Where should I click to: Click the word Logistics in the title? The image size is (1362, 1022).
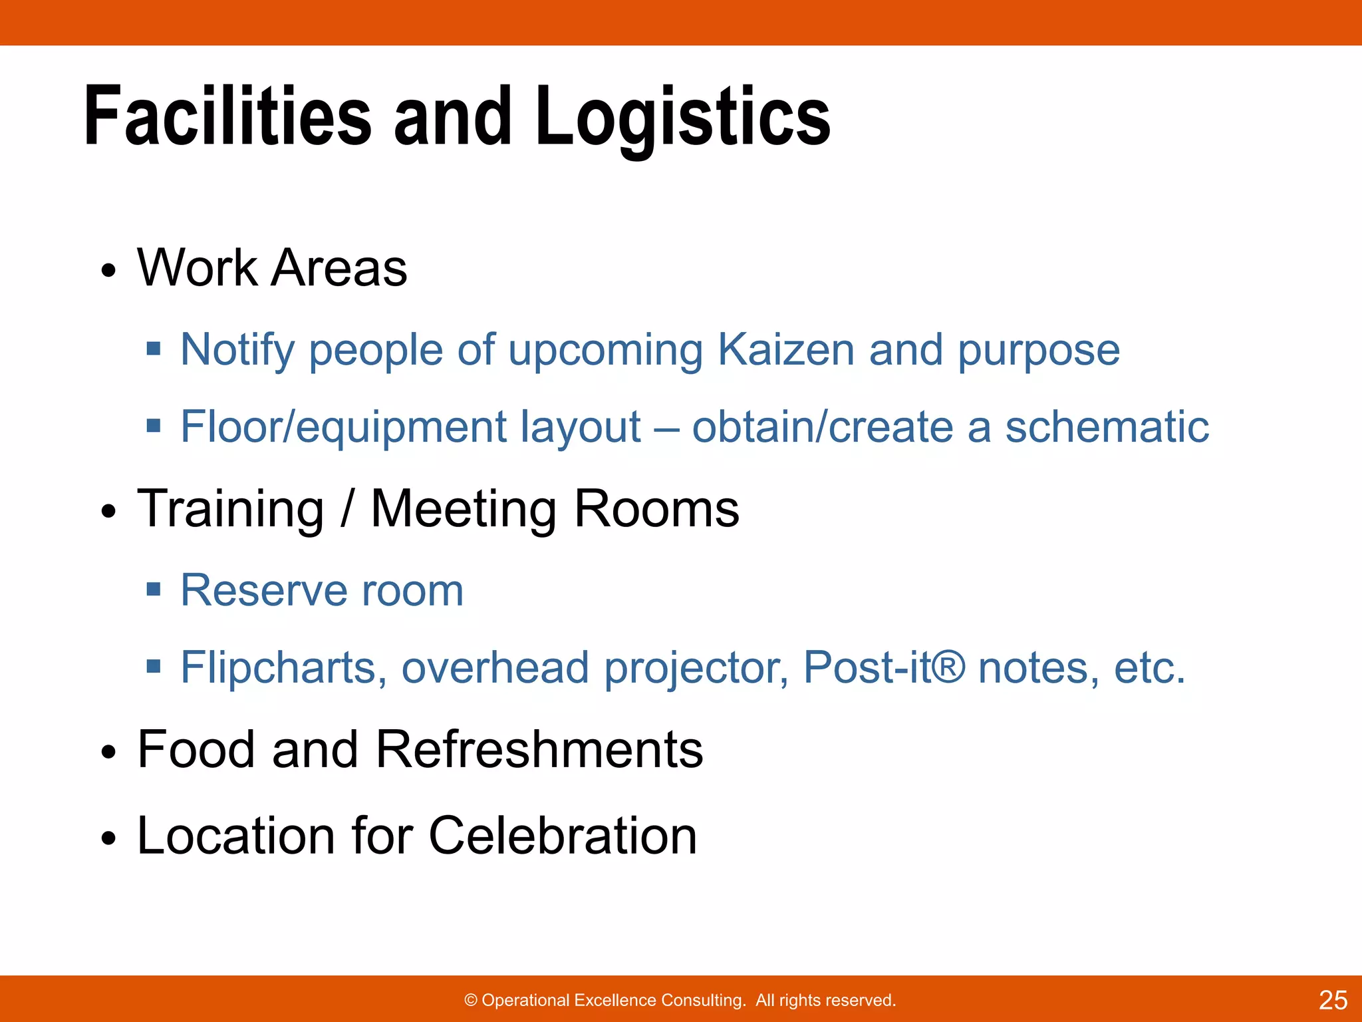[x=682, y=116]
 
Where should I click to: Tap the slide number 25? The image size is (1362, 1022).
[x=1333, y=1000]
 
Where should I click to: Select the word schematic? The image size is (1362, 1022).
[x=1107, y=426]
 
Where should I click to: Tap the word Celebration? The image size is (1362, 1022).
[x=563, y=836]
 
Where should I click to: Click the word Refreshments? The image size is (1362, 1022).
[x=539, y=749]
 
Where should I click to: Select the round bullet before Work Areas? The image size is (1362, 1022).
[x=108, y=271]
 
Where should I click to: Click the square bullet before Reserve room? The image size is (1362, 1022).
[x=154, y=589]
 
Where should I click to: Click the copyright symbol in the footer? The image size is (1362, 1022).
[x=471, y=1000]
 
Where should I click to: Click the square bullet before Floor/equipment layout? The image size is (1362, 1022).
[x=154, y=425]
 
